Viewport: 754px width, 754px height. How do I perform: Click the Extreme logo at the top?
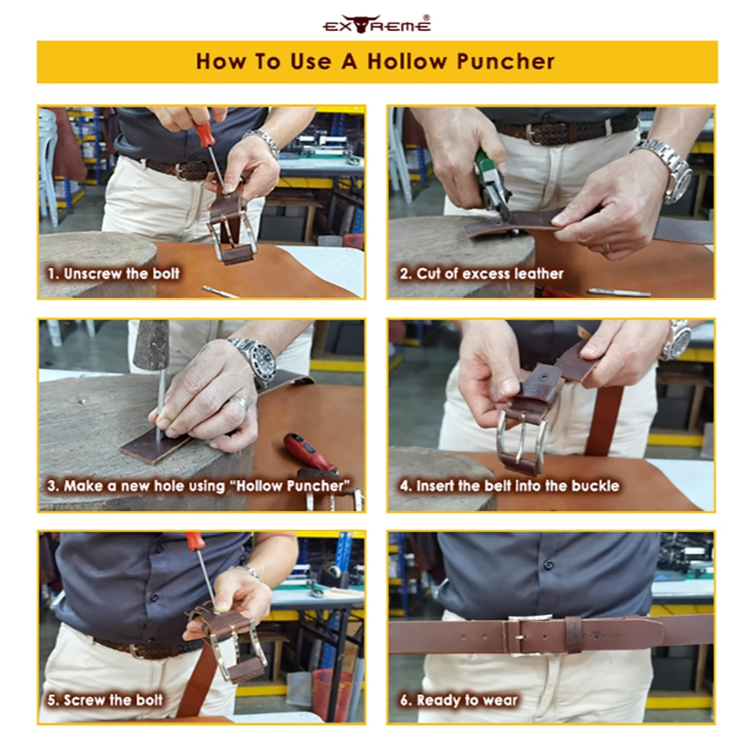point(376,23)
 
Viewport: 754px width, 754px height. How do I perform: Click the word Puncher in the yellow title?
point(506,62)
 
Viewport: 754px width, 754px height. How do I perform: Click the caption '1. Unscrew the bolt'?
point(113,274)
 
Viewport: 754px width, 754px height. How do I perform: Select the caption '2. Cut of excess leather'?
point(482,274)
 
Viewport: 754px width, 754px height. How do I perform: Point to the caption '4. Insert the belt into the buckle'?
point(509,486)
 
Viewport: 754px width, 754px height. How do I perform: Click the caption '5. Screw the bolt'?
point(105,700)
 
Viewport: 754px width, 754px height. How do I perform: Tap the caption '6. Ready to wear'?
point(459,700)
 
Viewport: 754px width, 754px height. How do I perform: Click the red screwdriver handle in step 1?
point(204,134)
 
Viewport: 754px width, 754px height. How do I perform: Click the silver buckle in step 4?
point(521,442)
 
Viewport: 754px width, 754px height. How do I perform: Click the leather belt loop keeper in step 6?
point(574,635)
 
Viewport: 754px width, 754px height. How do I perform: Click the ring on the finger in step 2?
point(608,247)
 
